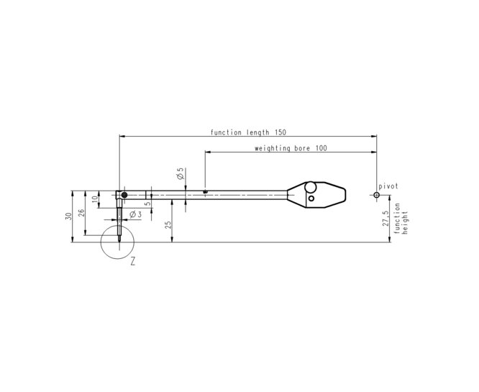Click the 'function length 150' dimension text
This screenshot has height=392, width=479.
tap(248, 132)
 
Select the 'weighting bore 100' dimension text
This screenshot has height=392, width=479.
tap(291, 148)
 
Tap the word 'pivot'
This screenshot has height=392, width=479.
tap(388, 186)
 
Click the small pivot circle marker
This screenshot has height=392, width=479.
tap(376, 195)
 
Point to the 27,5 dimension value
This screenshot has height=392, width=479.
tap(386, 218)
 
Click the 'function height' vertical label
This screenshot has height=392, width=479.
tap(401, 219)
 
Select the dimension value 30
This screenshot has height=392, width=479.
tap(69, 216)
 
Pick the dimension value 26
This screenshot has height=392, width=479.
tap(81, 213)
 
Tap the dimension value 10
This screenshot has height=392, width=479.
tap(95, 199)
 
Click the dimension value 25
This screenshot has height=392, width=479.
tap(168, 225)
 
